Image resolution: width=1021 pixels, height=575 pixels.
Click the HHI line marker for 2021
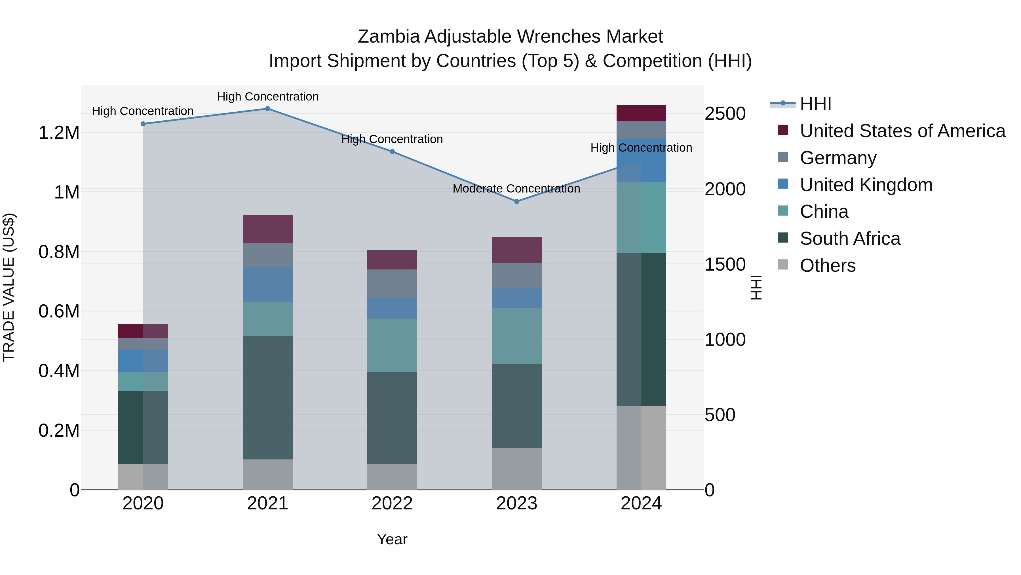[267, 109]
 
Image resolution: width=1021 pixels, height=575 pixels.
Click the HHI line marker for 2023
[516, 202]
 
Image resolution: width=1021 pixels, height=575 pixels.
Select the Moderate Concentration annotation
[516, 189]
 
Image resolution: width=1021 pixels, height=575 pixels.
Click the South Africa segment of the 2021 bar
[267, 398]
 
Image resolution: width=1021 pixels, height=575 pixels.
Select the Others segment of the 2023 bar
[516, 469]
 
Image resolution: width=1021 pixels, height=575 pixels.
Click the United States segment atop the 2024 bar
[641, 114]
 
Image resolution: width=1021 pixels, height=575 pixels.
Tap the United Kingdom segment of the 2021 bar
[267, 285]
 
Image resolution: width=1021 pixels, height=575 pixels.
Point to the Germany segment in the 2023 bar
[516, 275]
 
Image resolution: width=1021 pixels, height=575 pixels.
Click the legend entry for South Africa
[849, 239]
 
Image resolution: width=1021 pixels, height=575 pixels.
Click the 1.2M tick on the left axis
[59, 133]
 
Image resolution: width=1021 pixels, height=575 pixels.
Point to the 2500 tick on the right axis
[725, 114]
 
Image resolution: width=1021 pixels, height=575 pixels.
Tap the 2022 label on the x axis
[392, 503]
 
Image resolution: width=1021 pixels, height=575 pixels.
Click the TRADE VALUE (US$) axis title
[9, 287]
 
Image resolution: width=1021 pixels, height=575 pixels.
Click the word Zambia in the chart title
[389, 37]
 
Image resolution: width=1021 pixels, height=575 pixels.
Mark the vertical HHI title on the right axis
[756, 287]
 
